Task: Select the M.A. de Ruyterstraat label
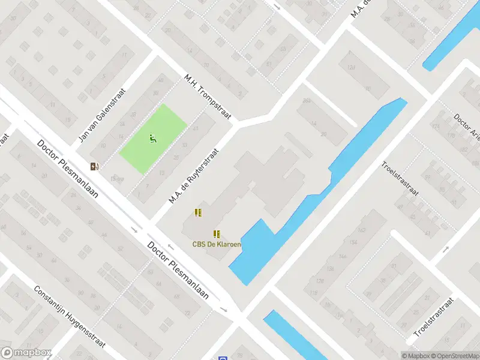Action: tap(194, 175)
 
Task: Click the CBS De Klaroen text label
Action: tap(217, 244)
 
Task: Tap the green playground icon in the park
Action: tap(152, 139)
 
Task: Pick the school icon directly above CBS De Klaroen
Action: tap(217, 234)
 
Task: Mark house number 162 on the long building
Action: tap(361, 230)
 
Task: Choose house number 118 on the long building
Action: tap(313, 293)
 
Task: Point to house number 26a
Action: tap(307, 101)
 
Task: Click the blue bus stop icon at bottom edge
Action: tap(223, 358)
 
